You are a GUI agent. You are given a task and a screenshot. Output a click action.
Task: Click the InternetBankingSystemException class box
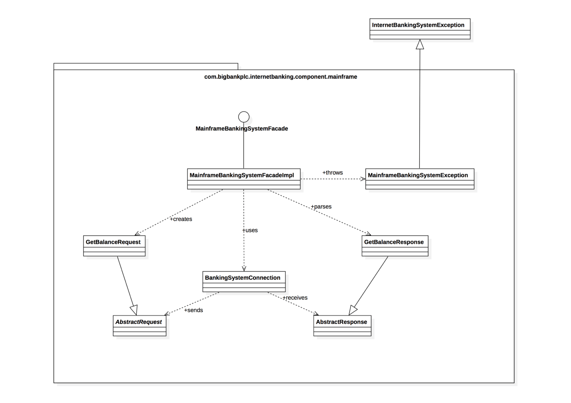419,29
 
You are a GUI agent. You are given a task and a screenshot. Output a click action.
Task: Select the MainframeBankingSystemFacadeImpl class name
242,175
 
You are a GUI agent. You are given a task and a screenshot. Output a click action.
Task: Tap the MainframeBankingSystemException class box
419,179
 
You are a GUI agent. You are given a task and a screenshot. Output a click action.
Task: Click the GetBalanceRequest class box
114,246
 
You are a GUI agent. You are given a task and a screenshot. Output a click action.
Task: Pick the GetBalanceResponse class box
395,246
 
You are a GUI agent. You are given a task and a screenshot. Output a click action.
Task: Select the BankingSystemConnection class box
244,281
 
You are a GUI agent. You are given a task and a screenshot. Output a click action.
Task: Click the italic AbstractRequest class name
139,322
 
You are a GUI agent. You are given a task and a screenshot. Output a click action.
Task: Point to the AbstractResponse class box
342,326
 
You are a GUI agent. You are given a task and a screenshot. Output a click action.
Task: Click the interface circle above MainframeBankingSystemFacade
244,117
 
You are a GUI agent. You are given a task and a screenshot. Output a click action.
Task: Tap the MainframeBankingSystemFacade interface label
242,129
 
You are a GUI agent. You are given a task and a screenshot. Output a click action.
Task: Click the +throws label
332,173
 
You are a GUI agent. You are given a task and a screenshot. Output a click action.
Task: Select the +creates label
181,219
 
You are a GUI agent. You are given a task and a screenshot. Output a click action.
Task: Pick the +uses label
250,230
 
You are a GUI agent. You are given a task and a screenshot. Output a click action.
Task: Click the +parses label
321,207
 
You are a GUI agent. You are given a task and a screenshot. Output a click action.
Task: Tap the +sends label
193,310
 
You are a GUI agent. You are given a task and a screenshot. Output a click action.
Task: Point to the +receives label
295,298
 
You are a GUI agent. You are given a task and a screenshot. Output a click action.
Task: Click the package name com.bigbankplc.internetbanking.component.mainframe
280,77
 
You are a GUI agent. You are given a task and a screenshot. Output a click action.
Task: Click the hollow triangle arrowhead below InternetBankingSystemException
420,45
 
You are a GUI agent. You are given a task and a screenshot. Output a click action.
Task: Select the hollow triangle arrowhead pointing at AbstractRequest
134,310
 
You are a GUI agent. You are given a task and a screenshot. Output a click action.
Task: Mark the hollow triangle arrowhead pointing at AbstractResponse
352,310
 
